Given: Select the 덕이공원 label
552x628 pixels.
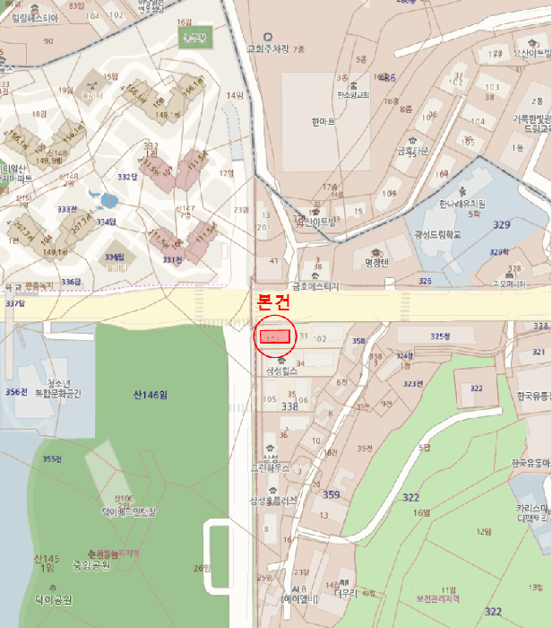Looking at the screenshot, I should click(x=54, y=599).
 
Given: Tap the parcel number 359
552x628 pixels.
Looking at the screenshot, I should click(x=331, y=494).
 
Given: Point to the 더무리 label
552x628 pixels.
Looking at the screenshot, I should click(x=345, y=593).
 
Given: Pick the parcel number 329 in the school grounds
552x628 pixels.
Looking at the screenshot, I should click(x=501, y=224).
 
